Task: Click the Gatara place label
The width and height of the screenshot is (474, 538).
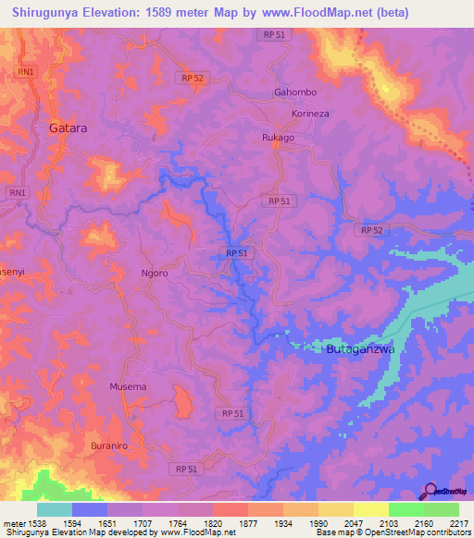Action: pyautogui.click(x=69, y=128)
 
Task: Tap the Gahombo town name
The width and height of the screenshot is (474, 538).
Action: pyautogui.click(x=295, y=93)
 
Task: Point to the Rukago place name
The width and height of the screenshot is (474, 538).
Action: pyautogui.click(x=277, y=139)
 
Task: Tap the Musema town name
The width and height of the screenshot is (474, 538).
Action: pyautogui.click(x=128, y=386)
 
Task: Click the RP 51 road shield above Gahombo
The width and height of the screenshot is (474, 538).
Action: pyautogui.click(x=273, y=33)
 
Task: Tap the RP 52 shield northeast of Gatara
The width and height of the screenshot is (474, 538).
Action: pyautogui.click(x=193, y=79)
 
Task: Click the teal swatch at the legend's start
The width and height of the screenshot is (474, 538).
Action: pyautogui.click(x=55, y=509)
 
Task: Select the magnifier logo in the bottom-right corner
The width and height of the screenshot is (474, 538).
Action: pyautogui.click(x=429, y=492)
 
